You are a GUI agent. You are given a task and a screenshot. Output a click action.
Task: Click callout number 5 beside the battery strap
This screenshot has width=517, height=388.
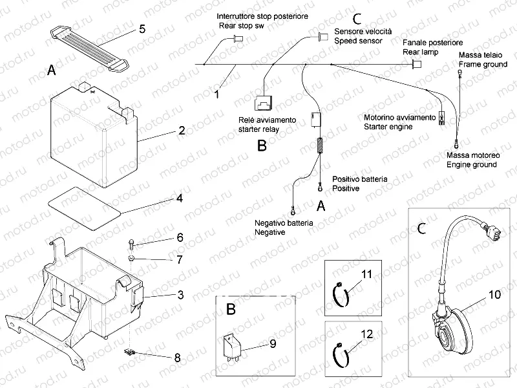(142, 28)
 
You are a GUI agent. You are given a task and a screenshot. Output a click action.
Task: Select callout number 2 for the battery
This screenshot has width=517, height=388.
(182, 130)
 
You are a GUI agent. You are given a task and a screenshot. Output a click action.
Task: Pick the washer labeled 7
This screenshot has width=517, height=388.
(131, 259)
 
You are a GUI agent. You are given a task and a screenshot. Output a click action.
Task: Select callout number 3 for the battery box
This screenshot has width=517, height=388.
(181, 295)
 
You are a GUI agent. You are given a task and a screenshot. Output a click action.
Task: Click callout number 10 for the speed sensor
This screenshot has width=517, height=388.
(494, 295)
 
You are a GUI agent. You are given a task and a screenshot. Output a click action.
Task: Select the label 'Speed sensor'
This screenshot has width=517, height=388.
(358, 40)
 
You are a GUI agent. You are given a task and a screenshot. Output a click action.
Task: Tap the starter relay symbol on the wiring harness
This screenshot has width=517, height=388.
(265, 101)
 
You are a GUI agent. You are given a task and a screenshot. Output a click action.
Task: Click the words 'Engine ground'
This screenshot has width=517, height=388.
(471, 165)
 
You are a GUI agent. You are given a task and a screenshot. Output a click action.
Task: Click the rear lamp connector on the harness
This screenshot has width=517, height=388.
(417, 64)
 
